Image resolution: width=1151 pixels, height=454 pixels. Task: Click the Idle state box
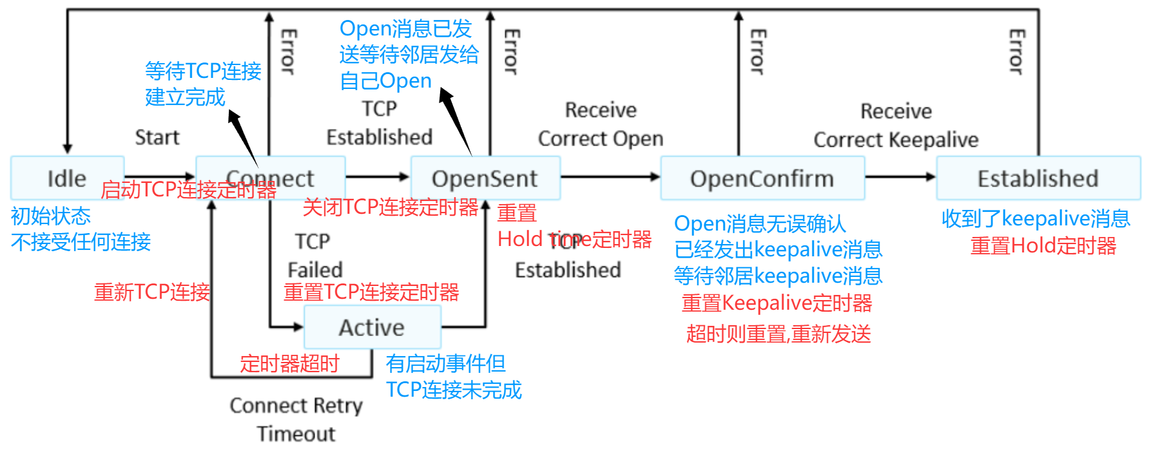click(x=67, y=178)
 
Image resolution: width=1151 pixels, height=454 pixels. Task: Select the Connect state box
click(x=271, y=177)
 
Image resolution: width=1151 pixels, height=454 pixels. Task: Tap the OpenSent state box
click(x=485, y=178)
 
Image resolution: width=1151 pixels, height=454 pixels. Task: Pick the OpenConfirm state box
click(x=762, y=178)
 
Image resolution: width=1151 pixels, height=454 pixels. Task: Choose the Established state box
click(x=1038, y=178)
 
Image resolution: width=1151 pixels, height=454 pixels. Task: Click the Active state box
click(x=372, y=327)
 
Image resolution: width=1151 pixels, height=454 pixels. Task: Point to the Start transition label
click(x=157, y=137)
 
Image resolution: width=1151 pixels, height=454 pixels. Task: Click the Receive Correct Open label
click(x=601, y=124)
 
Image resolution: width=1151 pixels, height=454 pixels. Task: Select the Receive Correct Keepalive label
click(x=896, y=126)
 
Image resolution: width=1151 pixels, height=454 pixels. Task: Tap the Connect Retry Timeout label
click(x=296, y=419)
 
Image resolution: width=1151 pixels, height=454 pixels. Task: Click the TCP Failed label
click(x=314, y=255)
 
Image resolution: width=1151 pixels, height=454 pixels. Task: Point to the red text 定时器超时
click(x=289, y=364)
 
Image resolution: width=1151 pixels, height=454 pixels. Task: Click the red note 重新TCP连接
click(x=152, y=292)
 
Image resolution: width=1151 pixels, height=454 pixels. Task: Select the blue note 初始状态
click(x=51, y=216)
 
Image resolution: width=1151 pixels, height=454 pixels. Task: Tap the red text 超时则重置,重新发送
click(x=779, y=334)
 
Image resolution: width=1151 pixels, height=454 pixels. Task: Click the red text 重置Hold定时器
click(x=1043, y=246)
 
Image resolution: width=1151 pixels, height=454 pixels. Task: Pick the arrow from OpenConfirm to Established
click(x=900, y=176)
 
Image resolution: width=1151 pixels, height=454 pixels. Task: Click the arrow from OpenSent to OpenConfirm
click(x=610, y=176)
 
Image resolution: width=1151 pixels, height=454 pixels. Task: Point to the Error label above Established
click(x=1016, y=52)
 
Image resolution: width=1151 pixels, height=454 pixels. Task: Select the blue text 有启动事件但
click(x=445, y=364)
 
